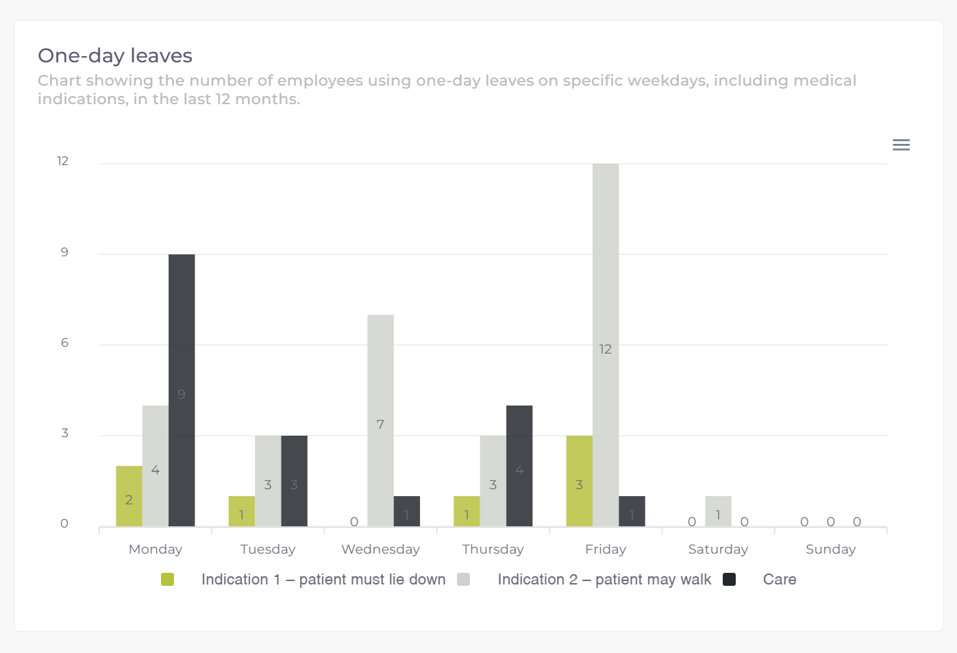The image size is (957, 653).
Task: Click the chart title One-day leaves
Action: click(115, 56)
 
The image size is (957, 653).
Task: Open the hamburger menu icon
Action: click(901, 145)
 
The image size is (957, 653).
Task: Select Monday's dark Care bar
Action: click(182, 390)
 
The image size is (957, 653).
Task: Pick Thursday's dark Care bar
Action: click(519, 465)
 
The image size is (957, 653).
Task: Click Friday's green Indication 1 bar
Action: click(579, 480)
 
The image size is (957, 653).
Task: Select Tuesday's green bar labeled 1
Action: click(241, 511)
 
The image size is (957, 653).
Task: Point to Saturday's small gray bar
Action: click(718, 511)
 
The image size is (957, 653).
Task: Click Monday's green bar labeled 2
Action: click(129, 496)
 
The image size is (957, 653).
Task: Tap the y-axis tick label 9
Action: click(64, 252)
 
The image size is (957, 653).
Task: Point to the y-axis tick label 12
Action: click(62, 161)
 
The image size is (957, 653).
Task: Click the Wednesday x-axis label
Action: click(380, 549)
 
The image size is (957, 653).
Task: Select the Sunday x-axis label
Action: click(830, 549)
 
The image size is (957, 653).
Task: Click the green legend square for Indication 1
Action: click(168, 580)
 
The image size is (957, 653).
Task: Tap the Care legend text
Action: click(779, 580)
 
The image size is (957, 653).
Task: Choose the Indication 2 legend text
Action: click(604, 580)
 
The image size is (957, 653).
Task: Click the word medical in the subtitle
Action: click(825, 81)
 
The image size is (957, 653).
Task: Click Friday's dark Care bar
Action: click(632, 511)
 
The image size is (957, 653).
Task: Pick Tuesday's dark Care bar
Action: click(294, 480)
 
